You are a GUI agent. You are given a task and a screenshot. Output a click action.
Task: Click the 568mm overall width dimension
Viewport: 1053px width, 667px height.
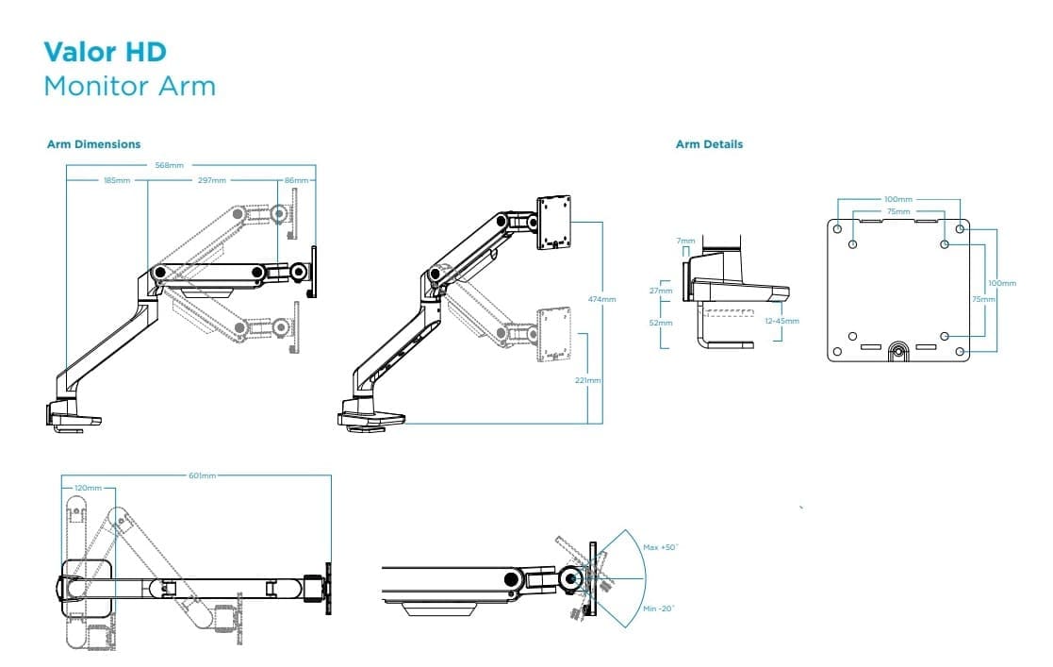tap(170, 165)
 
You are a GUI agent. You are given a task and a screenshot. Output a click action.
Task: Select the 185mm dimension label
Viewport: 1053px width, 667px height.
tap(117, 179)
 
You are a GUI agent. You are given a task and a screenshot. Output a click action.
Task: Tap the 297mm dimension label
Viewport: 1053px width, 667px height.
tap(211, 179)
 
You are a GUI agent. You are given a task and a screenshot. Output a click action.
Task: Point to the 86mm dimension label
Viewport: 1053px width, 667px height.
tap(295, 179)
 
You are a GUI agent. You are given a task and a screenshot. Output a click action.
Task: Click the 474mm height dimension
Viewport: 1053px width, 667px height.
tap(601, 299)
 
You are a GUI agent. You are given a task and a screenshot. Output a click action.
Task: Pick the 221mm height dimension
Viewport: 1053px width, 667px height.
tap(587, 380)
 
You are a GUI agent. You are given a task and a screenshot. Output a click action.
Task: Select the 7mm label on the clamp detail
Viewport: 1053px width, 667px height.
tap(684, 242)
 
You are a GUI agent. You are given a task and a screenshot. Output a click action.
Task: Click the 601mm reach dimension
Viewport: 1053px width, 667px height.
tap(203, 475)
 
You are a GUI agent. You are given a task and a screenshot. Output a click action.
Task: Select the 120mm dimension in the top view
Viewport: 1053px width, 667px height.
tap(88, 488)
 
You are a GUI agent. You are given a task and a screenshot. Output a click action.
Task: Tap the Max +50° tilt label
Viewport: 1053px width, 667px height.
tap(661, 547)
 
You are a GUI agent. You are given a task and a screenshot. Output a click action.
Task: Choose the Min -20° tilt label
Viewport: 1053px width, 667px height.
tap(660, 609)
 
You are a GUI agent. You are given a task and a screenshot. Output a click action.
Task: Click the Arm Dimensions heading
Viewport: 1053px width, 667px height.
tap(93, 144)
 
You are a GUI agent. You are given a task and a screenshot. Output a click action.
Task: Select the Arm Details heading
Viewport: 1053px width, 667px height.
tap(709, 144)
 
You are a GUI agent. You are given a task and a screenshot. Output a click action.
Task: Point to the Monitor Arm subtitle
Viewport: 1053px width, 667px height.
tap(130, 86)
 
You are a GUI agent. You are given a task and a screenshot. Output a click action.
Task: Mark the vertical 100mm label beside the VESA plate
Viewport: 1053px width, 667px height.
tap(1001, 283)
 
